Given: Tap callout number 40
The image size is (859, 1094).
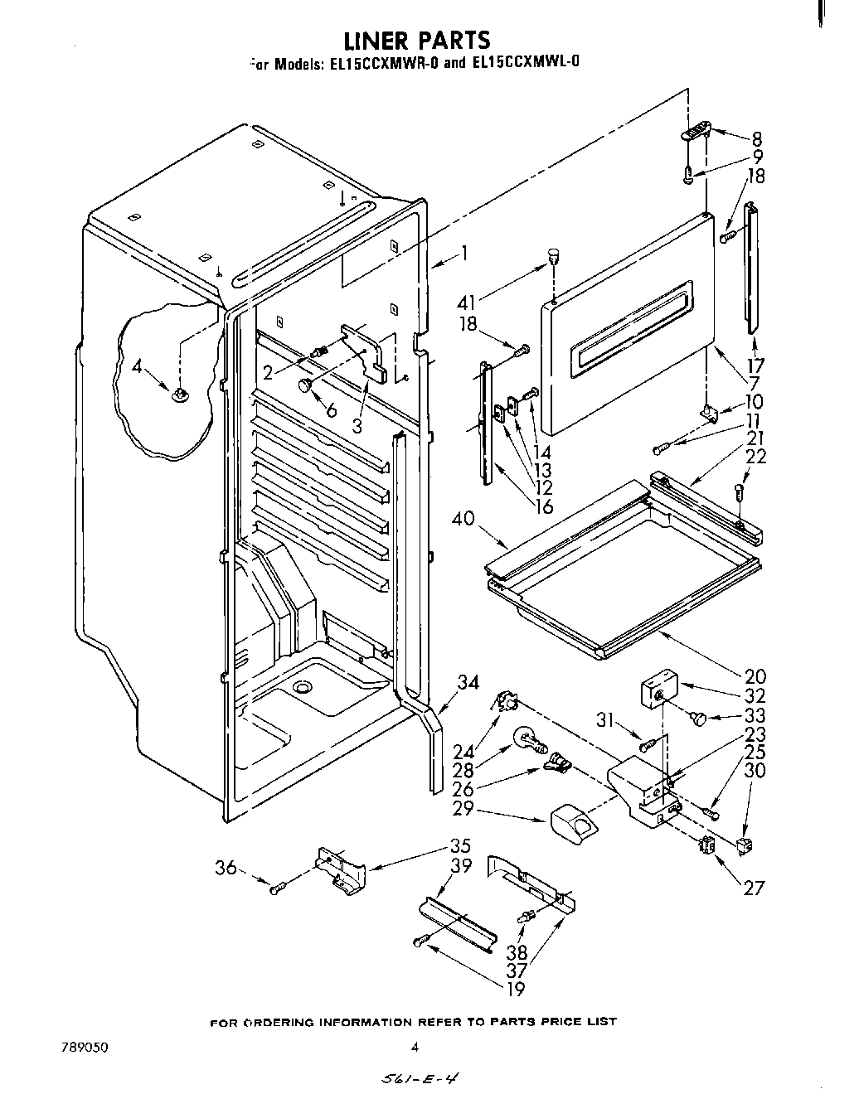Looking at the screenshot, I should [x=465, y=520].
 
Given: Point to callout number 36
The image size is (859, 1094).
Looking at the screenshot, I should [x=226, y=868].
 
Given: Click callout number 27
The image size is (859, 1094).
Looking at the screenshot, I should [x=753, y=888].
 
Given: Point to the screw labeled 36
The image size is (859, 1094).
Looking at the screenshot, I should [x=278, y=888].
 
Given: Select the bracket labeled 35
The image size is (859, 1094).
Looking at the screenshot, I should [x=340, y=868].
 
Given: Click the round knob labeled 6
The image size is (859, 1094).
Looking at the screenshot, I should [x=307, y=385].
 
